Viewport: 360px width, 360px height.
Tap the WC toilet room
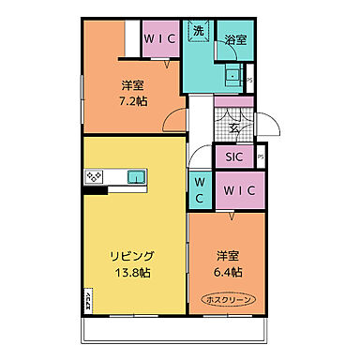click(x=199, y=189)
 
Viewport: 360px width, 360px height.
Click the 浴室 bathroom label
click(x=235, y=40)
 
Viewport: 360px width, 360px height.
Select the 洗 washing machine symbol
click(x=199, y=32)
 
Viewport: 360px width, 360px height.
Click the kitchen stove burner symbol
click(x=95, y=176)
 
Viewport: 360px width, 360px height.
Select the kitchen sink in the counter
click(x=135, y=175)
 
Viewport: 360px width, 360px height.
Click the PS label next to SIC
click(x=261, y=157)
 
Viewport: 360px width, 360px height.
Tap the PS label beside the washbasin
click(x=249, y=81)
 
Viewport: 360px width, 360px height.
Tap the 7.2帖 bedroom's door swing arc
click(x=173, y=119)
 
